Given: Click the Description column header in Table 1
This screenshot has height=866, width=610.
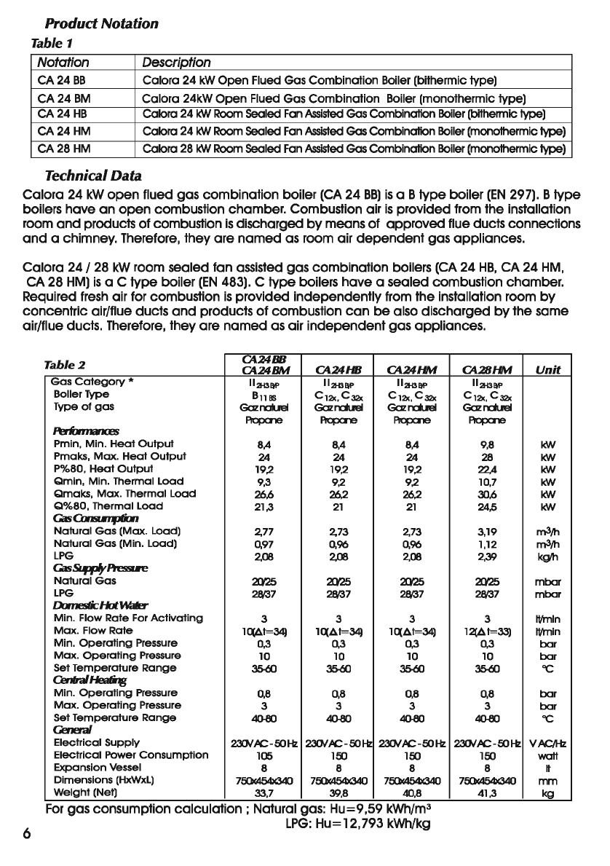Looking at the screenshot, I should pos(176,63).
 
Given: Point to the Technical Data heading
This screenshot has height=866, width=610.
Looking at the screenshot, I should pos(93,176).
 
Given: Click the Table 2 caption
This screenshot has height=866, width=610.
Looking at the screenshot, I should pos(65,365).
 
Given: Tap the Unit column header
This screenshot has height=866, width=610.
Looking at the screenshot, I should pos(548,370).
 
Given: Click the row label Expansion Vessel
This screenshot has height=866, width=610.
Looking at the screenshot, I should pos(95,768).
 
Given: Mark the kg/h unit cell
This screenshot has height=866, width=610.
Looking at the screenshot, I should pos(548,556).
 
